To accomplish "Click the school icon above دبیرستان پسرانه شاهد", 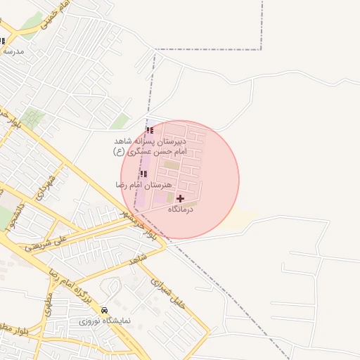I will pos(149,130).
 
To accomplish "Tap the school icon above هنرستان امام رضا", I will pos(143,174).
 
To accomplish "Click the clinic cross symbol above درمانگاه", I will pos(180,199).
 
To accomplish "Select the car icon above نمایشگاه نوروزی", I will pos(105,310).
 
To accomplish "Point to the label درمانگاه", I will pos(180,210).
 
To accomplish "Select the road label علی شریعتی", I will pos(63,243).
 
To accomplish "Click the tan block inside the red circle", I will pos(172,165).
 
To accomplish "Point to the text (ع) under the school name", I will pos(120,151).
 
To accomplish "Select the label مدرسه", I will pos(13,51).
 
